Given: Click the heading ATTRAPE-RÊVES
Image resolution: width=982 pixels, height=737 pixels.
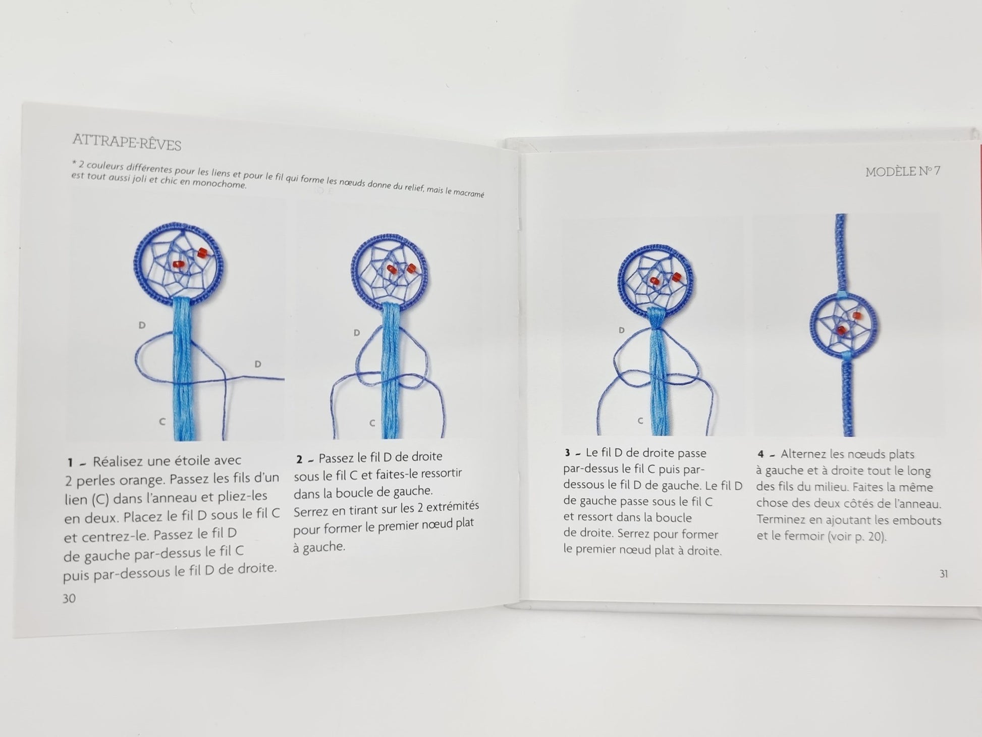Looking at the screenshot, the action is click(127, 142).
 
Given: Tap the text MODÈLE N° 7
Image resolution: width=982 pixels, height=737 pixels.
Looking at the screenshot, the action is click(903, 172).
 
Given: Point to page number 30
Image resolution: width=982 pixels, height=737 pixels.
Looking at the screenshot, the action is click(69, 598).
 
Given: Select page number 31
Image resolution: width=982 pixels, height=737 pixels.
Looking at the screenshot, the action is click(944, 574).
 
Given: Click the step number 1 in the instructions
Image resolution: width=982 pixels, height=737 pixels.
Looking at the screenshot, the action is click(71, 462).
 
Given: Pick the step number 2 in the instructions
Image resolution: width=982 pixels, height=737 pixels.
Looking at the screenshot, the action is click(299, 459).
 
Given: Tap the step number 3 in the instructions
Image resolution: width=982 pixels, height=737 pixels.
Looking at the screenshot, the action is click(568, 453).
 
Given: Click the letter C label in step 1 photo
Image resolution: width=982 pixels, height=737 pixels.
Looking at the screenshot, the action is click(162, 422).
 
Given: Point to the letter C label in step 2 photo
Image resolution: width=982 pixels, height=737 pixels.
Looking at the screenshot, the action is click(372, 423).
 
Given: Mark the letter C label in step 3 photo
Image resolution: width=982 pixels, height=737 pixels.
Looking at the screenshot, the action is click(640, 420).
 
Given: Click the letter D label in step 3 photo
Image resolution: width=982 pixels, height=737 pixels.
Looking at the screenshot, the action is click(621, 330).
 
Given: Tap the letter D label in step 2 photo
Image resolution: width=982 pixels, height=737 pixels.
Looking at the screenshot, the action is click(357, 333).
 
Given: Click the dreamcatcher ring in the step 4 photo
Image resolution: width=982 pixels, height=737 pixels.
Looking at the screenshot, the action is click(811, 325).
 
